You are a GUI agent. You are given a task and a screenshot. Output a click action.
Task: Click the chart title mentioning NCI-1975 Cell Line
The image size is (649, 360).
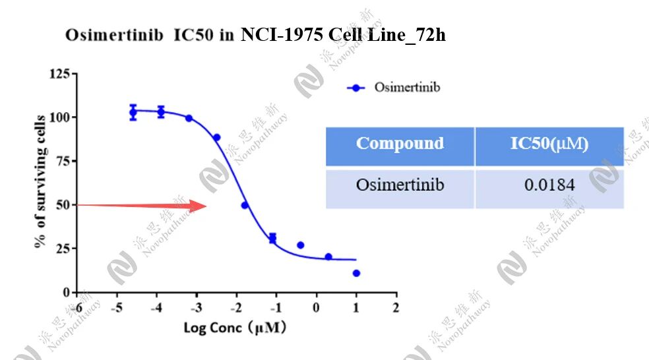point(255,35)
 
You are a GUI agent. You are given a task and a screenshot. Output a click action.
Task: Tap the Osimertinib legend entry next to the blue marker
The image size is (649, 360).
point(406,87)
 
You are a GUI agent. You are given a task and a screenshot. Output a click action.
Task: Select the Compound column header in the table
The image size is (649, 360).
point(400,144)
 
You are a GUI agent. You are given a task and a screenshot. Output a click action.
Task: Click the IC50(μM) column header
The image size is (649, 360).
point(549,144)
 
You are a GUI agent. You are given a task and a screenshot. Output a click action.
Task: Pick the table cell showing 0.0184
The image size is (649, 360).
point(549,185)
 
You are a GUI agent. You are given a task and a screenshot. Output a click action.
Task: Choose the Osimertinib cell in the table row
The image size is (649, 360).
point(400,185)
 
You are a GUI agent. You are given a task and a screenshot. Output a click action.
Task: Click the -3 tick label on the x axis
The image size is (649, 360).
point(196,308)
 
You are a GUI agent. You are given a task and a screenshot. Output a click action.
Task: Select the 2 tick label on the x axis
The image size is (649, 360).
point(396,308)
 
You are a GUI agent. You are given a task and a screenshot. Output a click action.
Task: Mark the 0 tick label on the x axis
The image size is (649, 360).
point(316,308)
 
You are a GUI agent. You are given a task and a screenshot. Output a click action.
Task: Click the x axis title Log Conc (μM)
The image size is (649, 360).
point(234,327)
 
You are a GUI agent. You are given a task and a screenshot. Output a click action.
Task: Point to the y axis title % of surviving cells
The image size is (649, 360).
point(40,182)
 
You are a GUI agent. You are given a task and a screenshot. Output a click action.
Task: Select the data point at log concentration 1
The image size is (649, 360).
point(356,273)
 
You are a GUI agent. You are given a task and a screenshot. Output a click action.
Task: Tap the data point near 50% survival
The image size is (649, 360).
point(245,205)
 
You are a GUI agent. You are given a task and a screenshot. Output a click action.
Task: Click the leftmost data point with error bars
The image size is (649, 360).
point(133,113)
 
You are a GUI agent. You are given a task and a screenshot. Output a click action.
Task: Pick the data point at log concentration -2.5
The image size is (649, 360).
point(216,138)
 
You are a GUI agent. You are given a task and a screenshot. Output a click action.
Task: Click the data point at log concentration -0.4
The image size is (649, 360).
point(301,245)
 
